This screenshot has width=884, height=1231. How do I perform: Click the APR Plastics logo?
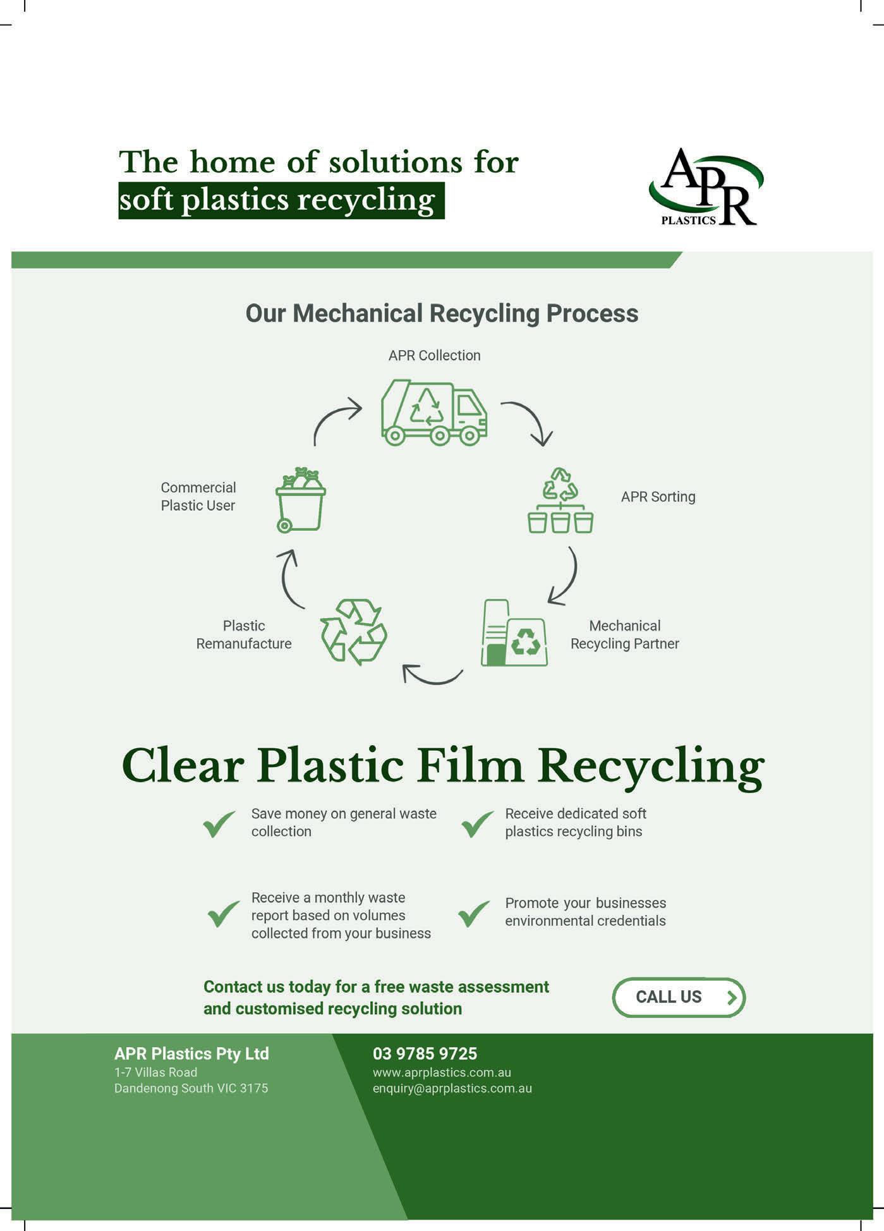point(706,188)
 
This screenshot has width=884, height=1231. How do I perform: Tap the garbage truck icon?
point(433,413)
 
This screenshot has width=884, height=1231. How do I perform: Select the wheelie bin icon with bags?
point(301,500)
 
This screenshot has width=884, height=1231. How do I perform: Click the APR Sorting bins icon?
point(560,501)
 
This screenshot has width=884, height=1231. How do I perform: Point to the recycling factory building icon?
point(514,633)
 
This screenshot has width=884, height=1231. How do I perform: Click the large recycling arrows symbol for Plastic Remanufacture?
point(354,632)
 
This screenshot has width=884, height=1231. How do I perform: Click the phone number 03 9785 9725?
point(425,1053)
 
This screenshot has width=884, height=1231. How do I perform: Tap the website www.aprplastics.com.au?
point(442,1072)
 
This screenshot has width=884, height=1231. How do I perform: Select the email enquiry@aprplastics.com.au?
point(452,1088)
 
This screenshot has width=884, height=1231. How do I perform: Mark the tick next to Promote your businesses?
point(474,913)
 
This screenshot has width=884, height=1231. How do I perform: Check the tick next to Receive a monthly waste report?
point(224,913)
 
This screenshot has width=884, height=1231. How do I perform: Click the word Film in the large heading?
point(470,766)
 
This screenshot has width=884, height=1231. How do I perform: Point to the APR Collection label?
point(434,356)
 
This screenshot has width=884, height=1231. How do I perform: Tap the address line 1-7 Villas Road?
point(155,1072)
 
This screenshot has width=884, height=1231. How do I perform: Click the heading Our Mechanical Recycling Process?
point(442,313)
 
